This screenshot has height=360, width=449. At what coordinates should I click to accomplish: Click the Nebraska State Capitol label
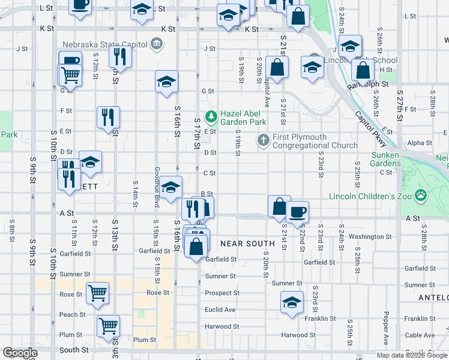[x=106, y=43]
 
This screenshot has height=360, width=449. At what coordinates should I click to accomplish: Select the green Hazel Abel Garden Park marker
[x=210, y=116]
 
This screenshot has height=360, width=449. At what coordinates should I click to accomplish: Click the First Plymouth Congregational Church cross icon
[x=263, y=140]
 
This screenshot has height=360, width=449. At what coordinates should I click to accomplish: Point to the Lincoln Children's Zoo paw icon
[x=421, y=195]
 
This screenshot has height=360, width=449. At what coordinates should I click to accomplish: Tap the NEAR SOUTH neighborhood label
[x=247, y=243]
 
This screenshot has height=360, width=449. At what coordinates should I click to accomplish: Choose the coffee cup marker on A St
[x=297, y=211]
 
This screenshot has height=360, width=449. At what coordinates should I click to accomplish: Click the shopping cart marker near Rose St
[x=97, y=293]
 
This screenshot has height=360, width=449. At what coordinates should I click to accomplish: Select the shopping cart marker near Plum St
[x=109, y=326]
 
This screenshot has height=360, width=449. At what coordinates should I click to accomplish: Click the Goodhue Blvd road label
[x=157, y=187]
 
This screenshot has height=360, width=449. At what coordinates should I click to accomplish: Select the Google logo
[x=20, y=353]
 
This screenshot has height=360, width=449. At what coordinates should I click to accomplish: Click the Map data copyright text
[x=411, y=355]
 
